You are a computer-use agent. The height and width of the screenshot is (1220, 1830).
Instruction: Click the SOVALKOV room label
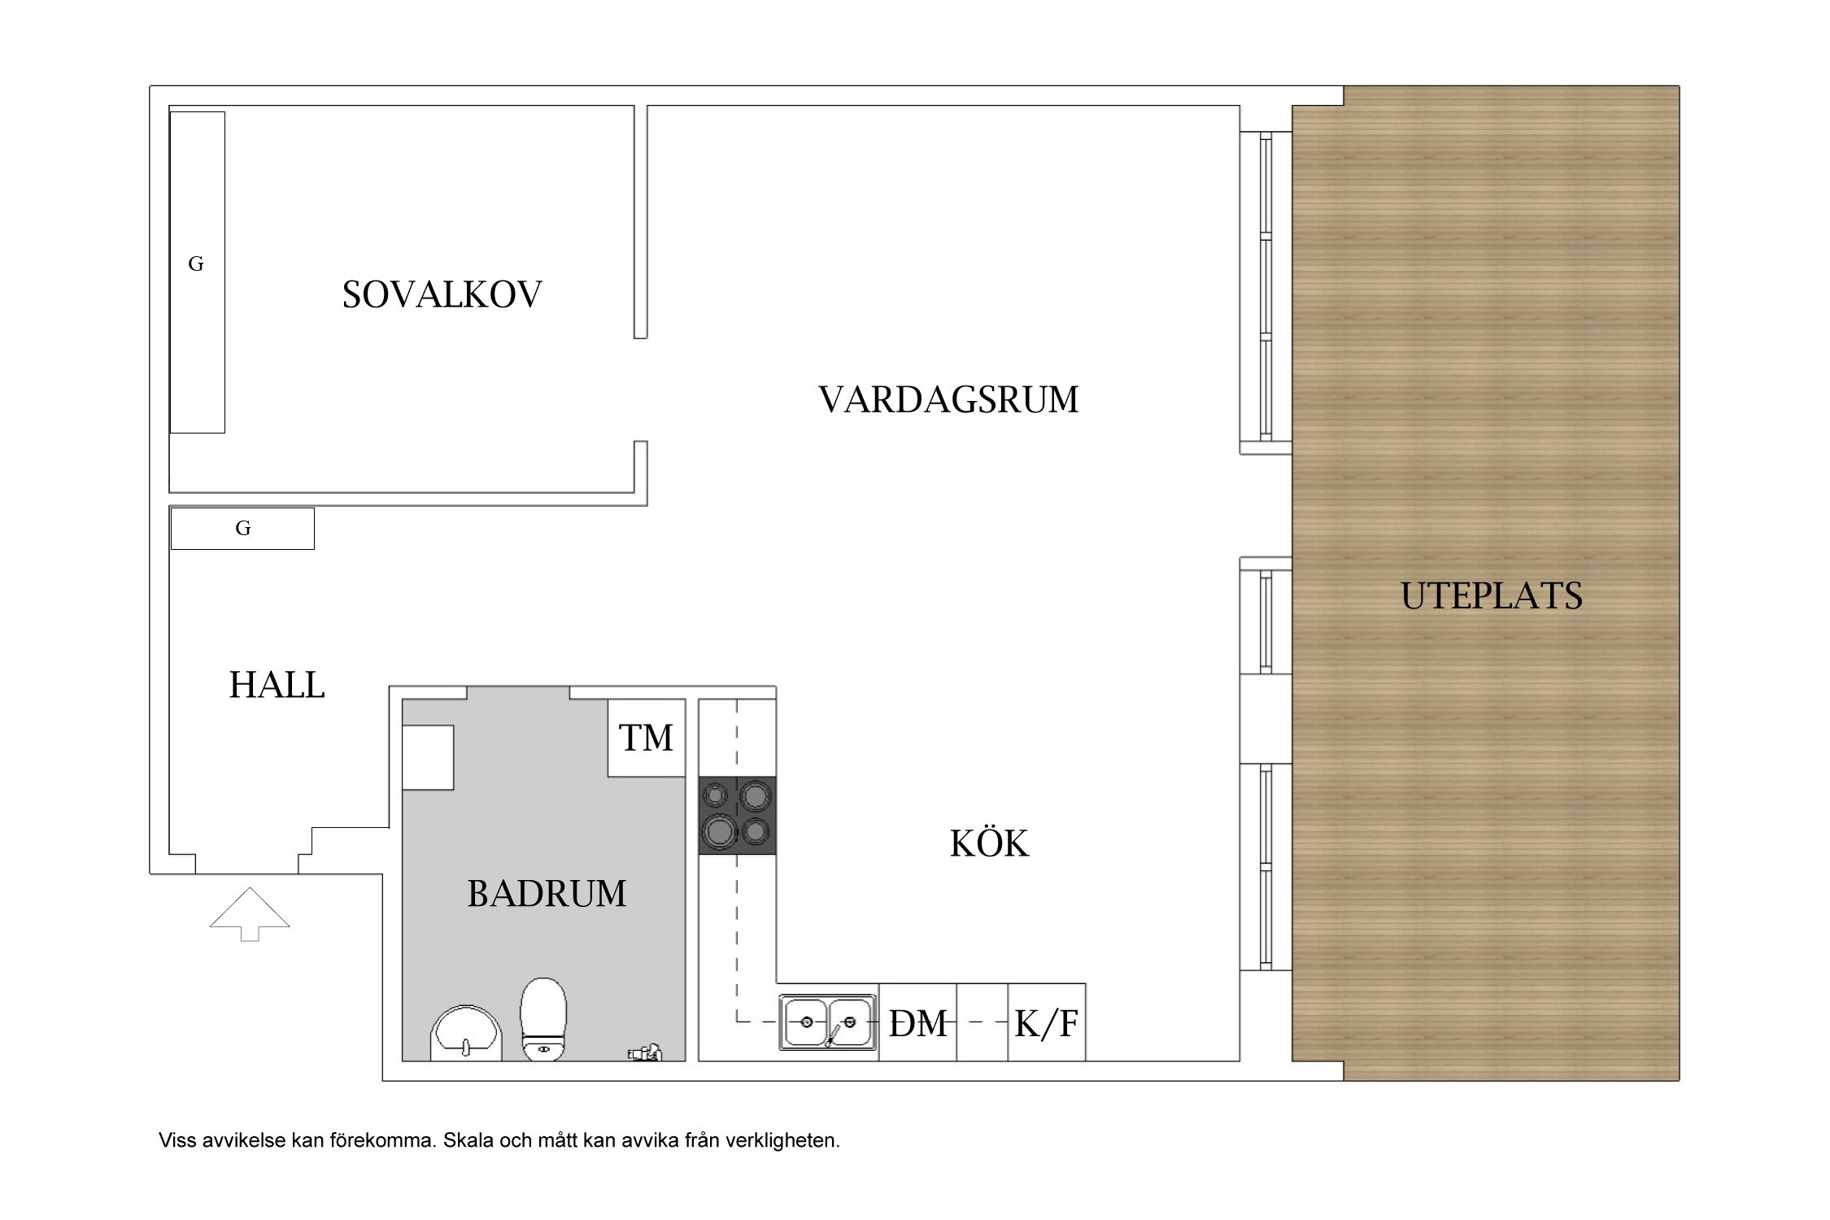coord(442,294)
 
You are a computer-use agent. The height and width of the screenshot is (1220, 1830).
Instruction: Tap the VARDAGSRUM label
coord(948,399)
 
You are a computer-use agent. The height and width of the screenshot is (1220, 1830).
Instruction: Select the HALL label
coord(277,685)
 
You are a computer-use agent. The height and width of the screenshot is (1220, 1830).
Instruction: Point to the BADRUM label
coord(547,894)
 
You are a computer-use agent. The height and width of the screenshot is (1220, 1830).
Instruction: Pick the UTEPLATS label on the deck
coord(1492,596)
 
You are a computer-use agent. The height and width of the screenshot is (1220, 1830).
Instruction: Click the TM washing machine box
coord(647,738)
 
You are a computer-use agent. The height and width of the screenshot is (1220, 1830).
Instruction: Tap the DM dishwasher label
coord(918,1024)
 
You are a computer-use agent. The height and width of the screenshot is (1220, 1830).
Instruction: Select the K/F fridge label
coord(1047,1024)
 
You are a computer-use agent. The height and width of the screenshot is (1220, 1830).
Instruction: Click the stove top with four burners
coord(737,816)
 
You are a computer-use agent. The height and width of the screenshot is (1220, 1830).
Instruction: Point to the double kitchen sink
coord(828,1022)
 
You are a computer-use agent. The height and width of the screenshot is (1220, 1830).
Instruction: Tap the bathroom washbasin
coord(465,1034)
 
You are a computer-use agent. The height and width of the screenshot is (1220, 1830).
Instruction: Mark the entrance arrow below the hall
coord(250,914)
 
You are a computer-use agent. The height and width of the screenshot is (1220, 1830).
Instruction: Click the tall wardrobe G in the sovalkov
coord(197,272)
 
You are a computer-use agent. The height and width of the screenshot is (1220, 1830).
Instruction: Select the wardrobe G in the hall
coord(242,529)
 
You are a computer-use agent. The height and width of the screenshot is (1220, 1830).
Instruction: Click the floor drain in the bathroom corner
coord(644,1053)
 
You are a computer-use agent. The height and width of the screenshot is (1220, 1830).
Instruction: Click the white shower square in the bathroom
coord(428,757)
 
